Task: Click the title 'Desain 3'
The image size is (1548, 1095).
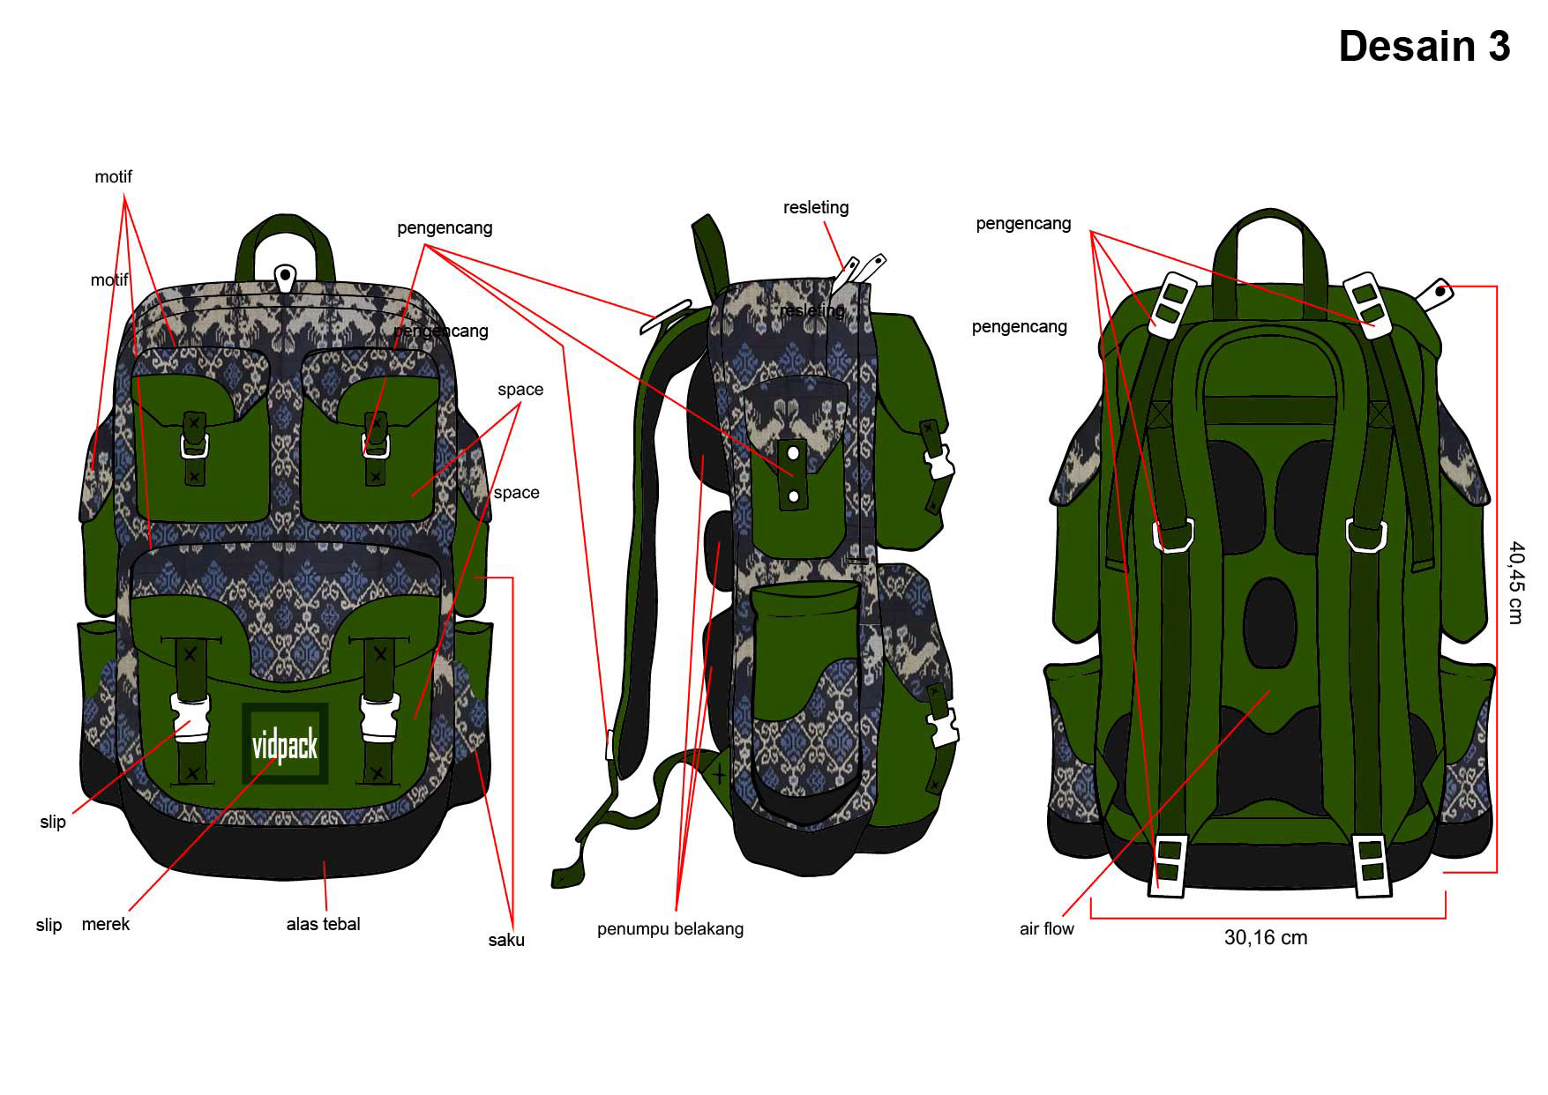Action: click(1424, 47)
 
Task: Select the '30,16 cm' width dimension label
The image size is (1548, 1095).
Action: click(1265, 937)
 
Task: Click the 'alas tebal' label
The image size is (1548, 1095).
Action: click(323, 924)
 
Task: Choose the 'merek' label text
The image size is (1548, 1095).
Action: click(106, 924)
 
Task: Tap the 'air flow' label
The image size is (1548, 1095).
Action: click(1046, 928)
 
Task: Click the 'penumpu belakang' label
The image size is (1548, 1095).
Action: click(669, 928)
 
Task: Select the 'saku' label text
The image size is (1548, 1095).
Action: click(506, 940)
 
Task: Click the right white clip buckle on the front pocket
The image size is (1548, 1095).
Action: click(379, 716)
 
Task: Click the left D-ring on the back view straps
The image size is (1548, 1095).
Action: click(1174, 535)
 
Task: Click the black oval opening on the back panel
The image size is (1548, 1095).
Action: click(1269, 622)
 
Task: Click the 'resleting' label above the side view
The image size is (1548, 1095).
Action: click(815, 207)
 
